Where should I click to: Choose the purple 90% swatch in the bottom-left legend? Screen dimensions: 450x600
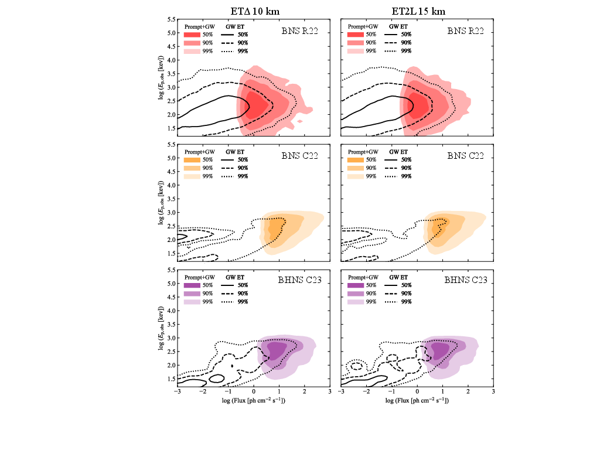[x=193, y=293]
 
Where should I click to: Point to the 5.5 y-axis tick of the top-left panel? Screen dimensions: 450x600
[x=172, y=19]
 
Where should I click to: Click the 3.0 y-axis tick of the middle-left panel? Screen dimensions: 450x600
[x=172, y=213]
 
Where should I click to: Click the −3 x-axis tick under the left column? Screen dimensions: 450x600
[x=177, y=391]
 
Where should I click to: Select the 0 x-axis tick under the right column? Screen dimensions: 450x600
[x=417, y=391]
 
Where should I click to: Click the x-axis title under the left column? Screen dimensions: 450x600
[x=253, y=401]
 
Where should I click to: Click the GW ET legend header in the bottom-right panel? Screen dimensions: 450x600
[x=396, y=276]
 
